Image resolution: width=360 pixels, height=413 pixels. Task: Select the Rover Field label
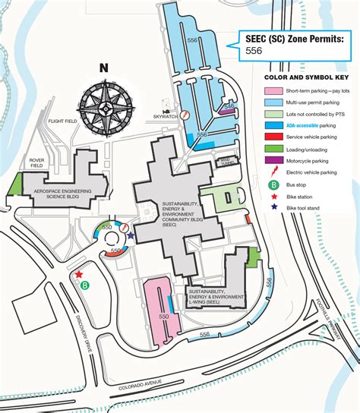tap(38, 163)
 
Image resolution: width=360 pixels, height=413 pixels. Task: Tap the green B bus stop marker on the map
tap(85, 285)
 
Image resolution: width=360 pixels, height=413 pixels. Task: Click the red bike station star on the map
tap(78, 274)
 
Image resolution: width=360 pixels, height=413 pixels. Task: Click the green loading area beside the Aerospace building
tap(16, 184)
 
